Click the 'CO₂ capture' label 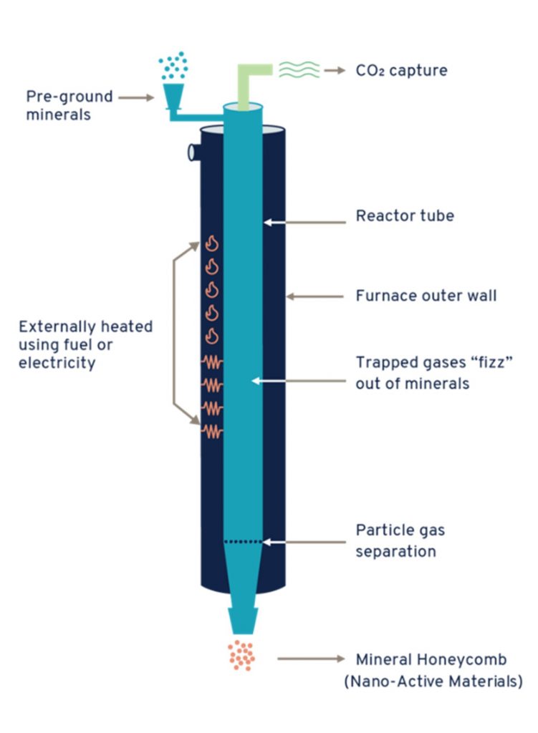(x=401, y=71)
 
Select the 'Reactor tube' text (x=405, y=215)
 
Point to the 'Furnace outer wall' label (x=426, y=295)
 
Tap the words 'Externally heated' (x=85, y=326)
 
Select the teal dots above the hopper (x=173, y=65)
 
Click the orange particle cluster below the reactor (x=241, y=655)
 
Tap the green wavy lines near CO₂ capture (x=299, y=69)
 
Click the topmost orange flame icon (x=211, y=244)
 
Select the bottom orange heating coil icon (x=213, y=431)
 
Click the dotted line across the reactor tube (x=243, y=542)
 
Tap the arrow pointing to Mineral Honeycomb (x=305, y=659)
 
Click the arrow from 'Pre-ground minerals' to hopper (x=136, y=97)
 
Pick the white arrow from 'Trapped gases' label (x=294, y=382)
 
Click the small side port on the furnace (x=193, y=151)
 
